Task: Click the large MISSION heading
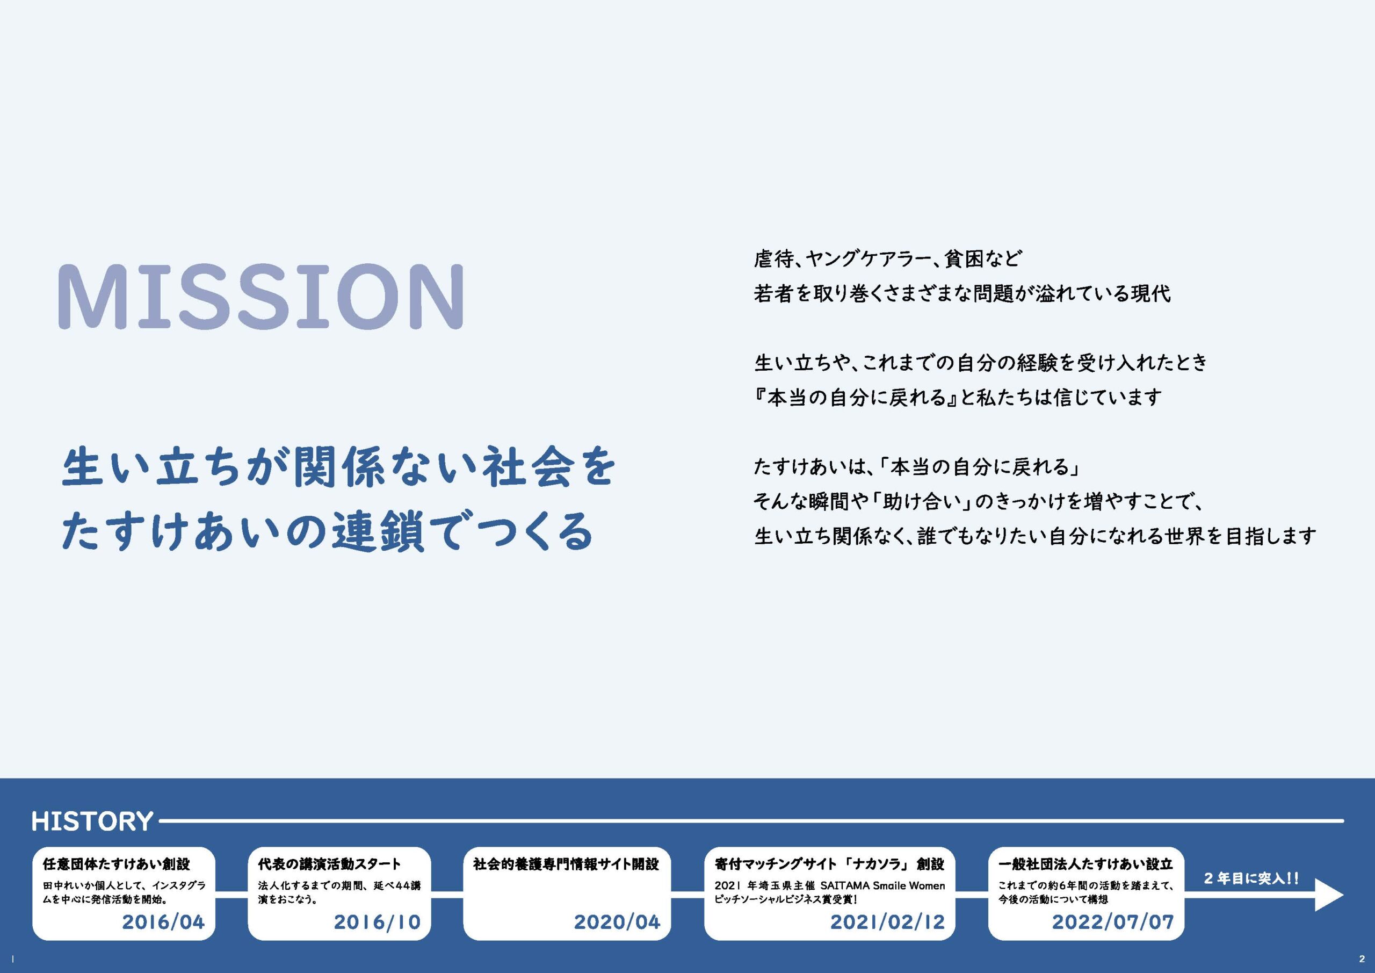pos(261,297)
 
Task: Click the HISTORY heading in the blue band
pos(92,821)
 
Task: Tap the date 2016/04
pos(163,922)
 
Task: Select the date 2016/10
pos(377,922)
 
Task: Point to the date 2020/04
pos(617,922)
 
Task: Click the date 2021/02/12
pos(887,922)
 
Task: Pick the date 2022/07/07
pos(1113,922)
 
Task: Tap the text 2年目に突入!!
pos(1250,879)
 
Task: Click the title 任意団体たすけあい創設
pos(116,864)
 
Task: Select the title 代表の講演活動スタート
pos(329,864)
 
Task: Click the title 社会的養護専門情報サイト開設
pos(566,864)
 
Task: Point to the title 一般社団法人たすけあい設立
pos(1085,864)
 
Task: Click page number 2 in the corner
pos(1362,958)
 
